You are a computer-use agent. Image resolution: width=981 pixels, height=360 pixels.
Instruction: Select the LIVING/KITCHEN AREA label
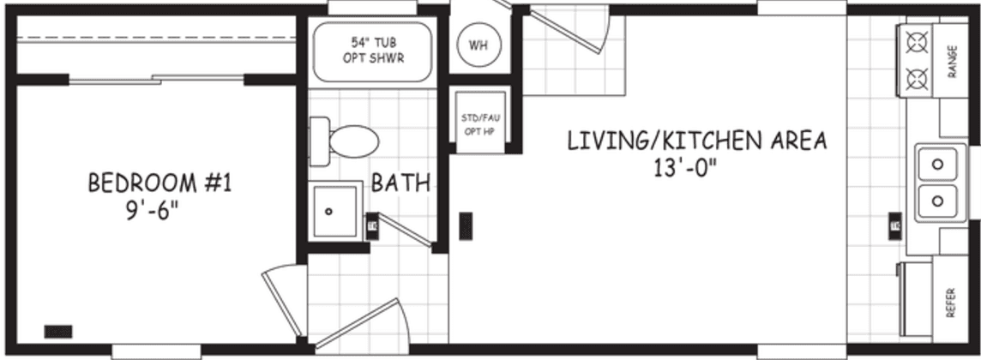pyautogui.click(x=697, y=141)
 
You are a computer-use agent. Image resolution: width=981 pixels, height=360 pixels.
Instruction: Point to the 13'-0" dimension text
pyautogui.click(x=683, y=166)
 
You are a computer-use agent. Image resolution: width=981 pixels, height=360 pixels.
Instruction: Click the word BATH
pyautogui.click(x=400, y=183)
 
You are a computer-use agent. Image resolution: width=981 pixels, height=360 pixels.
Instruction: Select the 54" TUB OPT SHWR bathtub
pyautogui.click(x=371, y=51)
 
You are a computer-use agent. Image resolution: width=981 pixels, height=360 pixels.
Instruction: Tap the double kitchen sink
pyautogui.click(x=938, y=182)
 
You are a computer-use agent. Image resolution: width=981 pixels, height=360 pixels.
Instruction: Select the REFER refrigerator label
pyautogui.click(x=950, y=303)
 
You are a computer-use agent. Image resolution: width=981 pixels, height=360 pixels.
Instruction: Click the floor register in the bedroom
pyautogui.click(x=58, y=331)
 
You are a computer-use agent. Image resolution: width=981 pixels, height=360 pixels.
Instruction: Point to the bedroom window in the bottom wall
pyautogui.click(x=156, y=350)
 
